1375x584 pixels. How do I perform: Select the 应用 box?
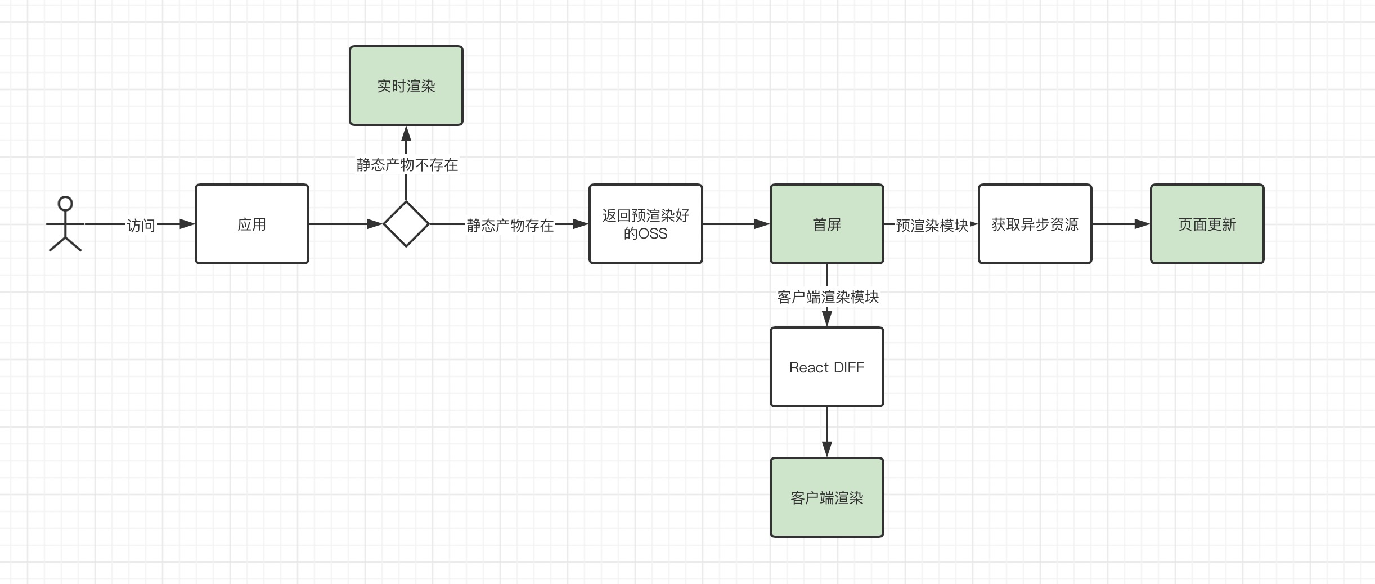[252, 224]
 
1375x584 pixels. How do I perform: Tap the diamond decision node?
[406, 224]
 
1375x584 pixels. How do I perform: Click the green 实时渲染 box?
[406, 86]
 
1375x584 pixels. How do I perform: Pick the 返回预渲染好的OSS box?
[646, 224]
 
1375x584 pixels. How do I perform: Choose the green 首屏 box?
[827, 224]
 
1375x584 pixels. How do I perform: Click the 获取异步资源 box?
[1035, 224]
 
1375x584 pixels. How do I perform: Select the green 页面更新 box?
[1207, 224]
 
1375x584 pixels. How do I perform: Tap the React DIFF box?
[827, 367]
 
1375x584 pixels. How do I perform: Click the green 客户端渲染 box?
[827, 497]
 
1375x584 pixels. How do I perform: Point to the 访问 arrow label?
[141, 226]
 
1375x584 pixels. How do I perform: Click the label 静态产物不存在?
[407, 165]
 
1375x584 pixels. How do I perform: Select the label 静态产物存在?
[510, 226]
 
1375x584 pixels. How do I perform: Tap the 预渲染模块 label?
[932, 226]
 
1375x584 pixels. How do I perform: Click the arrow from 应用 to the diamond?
[346, 224]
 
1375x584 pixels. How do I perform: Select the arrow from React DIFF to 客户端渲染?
[827, 432]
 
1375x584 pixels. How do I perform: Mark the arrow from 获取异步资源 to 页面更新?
[1121, 224]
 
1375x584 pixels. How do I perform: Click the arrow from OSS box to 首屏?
[736, 224]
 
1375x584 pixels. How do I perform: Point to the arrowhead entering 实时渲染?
[406, 133]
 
